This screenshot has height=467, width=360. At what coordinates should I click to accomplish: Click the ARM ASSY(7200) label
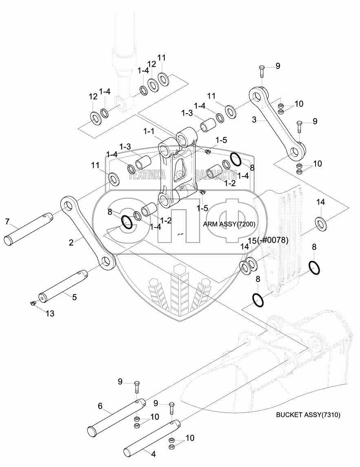(228, 224)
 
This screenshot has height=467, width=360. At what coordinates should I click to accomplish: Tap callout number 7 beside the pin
(7, 221)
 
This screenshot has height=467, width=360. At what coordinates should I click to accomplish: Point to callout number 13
(50, 313)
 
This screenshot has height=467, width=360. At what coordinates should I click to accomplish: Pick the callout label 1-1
(149, 132)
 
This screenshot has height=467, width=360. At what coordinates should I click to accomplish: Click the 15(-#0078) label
(268, 240)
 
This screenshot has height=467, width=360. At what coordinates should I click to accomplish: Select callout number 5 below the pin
(74, 297)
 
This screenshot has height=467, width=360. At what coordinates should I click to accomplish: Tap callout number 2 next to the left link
(71, 242)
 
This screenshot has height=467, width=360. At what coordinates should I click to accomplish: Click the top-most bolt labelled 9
(261, 72)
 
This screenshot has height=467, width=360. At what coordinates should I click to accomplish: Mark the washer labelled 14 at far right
(320, 222)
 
